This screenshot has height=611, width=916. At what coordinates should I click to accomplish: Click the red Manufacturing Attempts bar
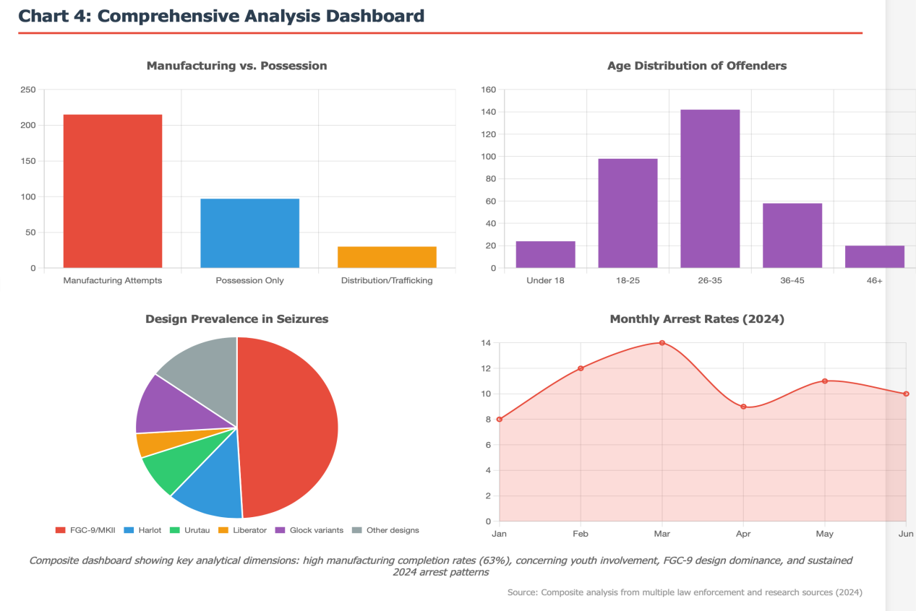113,191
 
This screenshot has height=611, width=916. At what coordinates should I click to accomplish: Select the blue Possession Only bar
249,233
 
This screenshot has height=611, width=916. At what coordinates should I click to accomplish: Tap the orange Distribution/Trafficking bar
387,257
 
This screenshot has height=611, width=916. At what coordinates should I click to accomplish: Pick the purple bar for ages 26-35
710,188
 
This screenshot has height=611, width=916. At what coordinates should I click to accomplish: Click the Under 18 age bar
545,254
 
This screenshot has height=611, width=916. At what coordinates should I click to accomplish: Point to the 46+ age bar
875,256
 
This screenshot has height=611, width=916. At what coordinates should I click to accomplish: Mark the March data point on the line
662,343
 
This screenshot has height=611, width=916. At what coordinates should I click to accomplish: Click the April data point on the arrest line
743,407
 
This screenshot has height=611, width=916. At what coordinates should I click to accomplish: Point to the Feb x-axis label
581,534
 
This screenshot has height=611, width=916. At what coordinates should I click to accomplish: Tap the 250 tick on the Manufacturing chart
28,90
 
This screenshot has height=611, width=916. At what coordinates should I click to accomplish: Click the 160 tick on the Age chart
488,90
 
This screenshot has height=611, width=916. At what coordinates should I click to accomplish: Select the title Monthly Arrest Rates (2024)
697,318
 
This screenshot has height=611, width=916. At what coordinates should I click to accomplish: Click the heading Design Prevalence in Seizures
236,318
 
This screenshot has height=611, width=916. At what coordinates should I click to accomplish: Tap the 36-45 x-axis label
792,280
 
